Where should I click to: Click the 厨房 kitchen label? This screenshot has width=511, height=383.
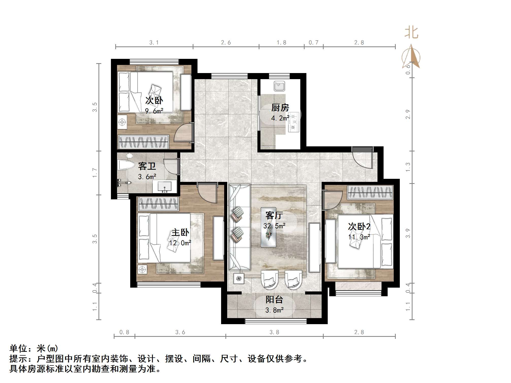coord(280,108)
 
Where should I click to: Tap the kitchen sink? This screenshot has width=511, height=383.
coord(279,86)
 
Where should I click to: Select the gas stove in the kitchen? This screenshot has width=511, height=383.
coord(294,123)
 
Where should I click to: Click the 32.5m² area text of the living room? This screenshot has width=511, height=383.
coord(274,226)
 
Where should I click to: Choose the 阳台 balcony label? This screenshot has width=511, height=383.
coord(274,300)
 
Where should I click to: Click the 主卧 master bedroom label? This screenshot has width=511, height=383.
coord(180,232)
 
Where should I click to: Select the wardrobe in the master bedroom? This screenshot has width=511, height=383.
coord(158,204)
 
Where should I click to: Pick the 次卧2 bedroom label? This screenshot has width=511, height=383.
coord(359,227)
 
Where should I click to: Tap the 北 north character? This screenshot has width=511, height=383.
coord(411,33)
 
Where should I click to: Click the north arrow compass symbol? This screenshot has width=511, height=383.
coord(411,57)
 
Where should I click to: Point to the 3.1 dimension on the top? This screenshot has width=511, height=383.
coord(154,43)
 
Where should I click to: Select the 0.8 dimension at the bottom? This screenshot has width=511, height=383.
coord(124,332)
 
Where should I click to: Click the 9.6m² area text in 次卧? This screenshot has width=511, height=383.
coord(154,111)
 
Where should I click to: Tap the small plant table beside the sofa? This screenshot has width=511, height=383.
coord(239,278)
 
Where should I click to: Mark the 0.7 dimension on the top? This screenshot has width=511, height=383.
coord(313,43)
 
